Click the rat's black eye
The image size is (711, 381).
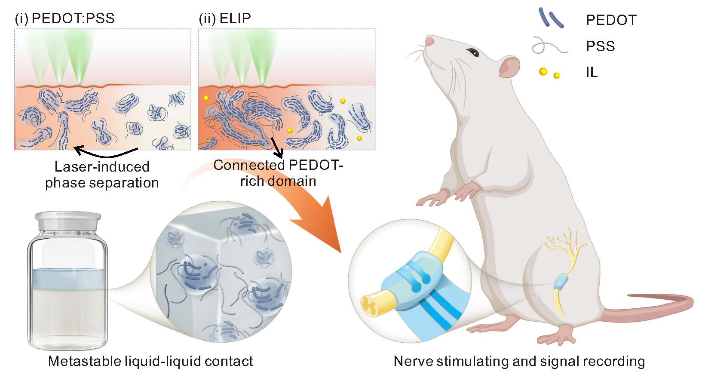473,52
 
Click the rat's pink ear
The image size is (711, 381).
509,67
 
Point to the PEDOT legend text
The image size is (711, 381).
611,20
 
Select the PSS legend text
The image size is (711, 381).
600,46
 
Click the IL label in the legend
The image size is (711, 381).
591,72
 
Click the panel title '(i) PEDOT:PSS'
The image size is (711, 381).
65,18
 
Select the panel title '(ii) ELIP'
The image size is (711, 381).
225,18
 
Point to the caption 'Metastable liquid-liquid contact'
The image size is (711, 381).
150,361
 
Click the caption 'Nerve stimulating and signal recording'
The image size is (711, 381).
519,361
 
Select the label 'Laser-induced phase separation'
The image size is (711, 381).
102,175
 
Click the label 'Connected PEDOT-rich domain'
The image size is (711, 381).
278,172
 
